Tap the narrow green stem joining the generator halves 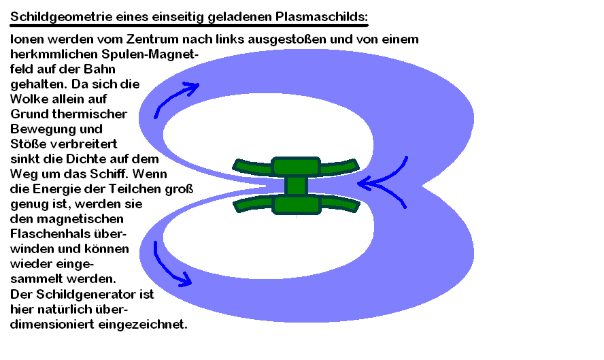click(296, 185)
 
